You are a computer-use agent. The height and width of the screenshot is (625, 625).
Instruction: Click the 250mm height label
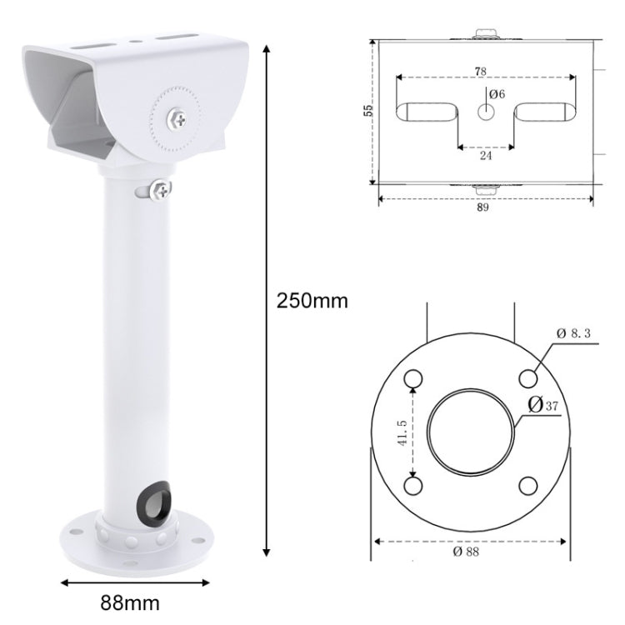click(312, 301)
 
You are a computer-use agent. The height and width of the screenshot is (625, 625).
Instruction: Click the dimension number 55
click(367, 110)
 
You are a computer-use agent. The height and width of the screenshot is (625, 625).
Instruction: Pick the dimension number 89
click(483, 207)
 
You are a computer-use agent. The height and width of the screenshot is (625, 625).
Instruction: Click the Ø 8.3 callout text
click(576, 333)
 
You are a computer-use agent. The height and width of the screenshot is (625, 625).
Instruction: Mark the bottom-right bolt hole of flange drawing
click(527, 486)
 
